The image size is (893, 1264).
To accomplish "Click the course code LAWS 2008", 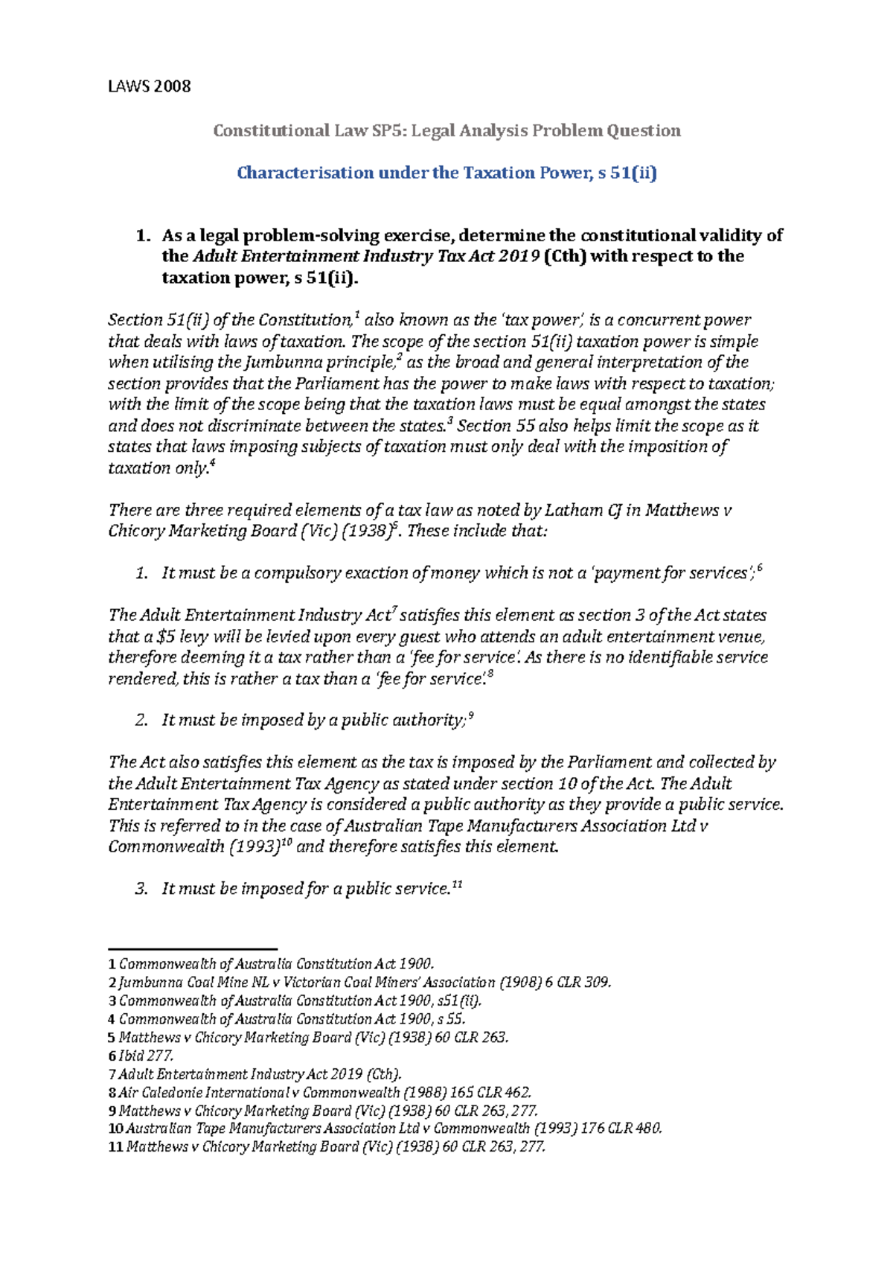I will pos(149,86).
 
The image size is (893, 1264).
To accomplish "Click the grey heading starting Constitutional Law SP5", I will pos(446,131).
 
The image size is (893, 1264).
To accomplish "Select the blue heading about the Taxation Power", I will pos(446,173).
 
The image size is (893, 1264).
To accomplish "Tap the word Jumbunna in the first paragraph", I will pos(275,363).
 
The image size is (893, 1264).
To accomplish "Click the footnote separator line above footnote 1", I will pos(193,949).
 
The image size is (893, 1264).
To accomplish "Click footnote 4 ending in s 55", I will pos(290,1019).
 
